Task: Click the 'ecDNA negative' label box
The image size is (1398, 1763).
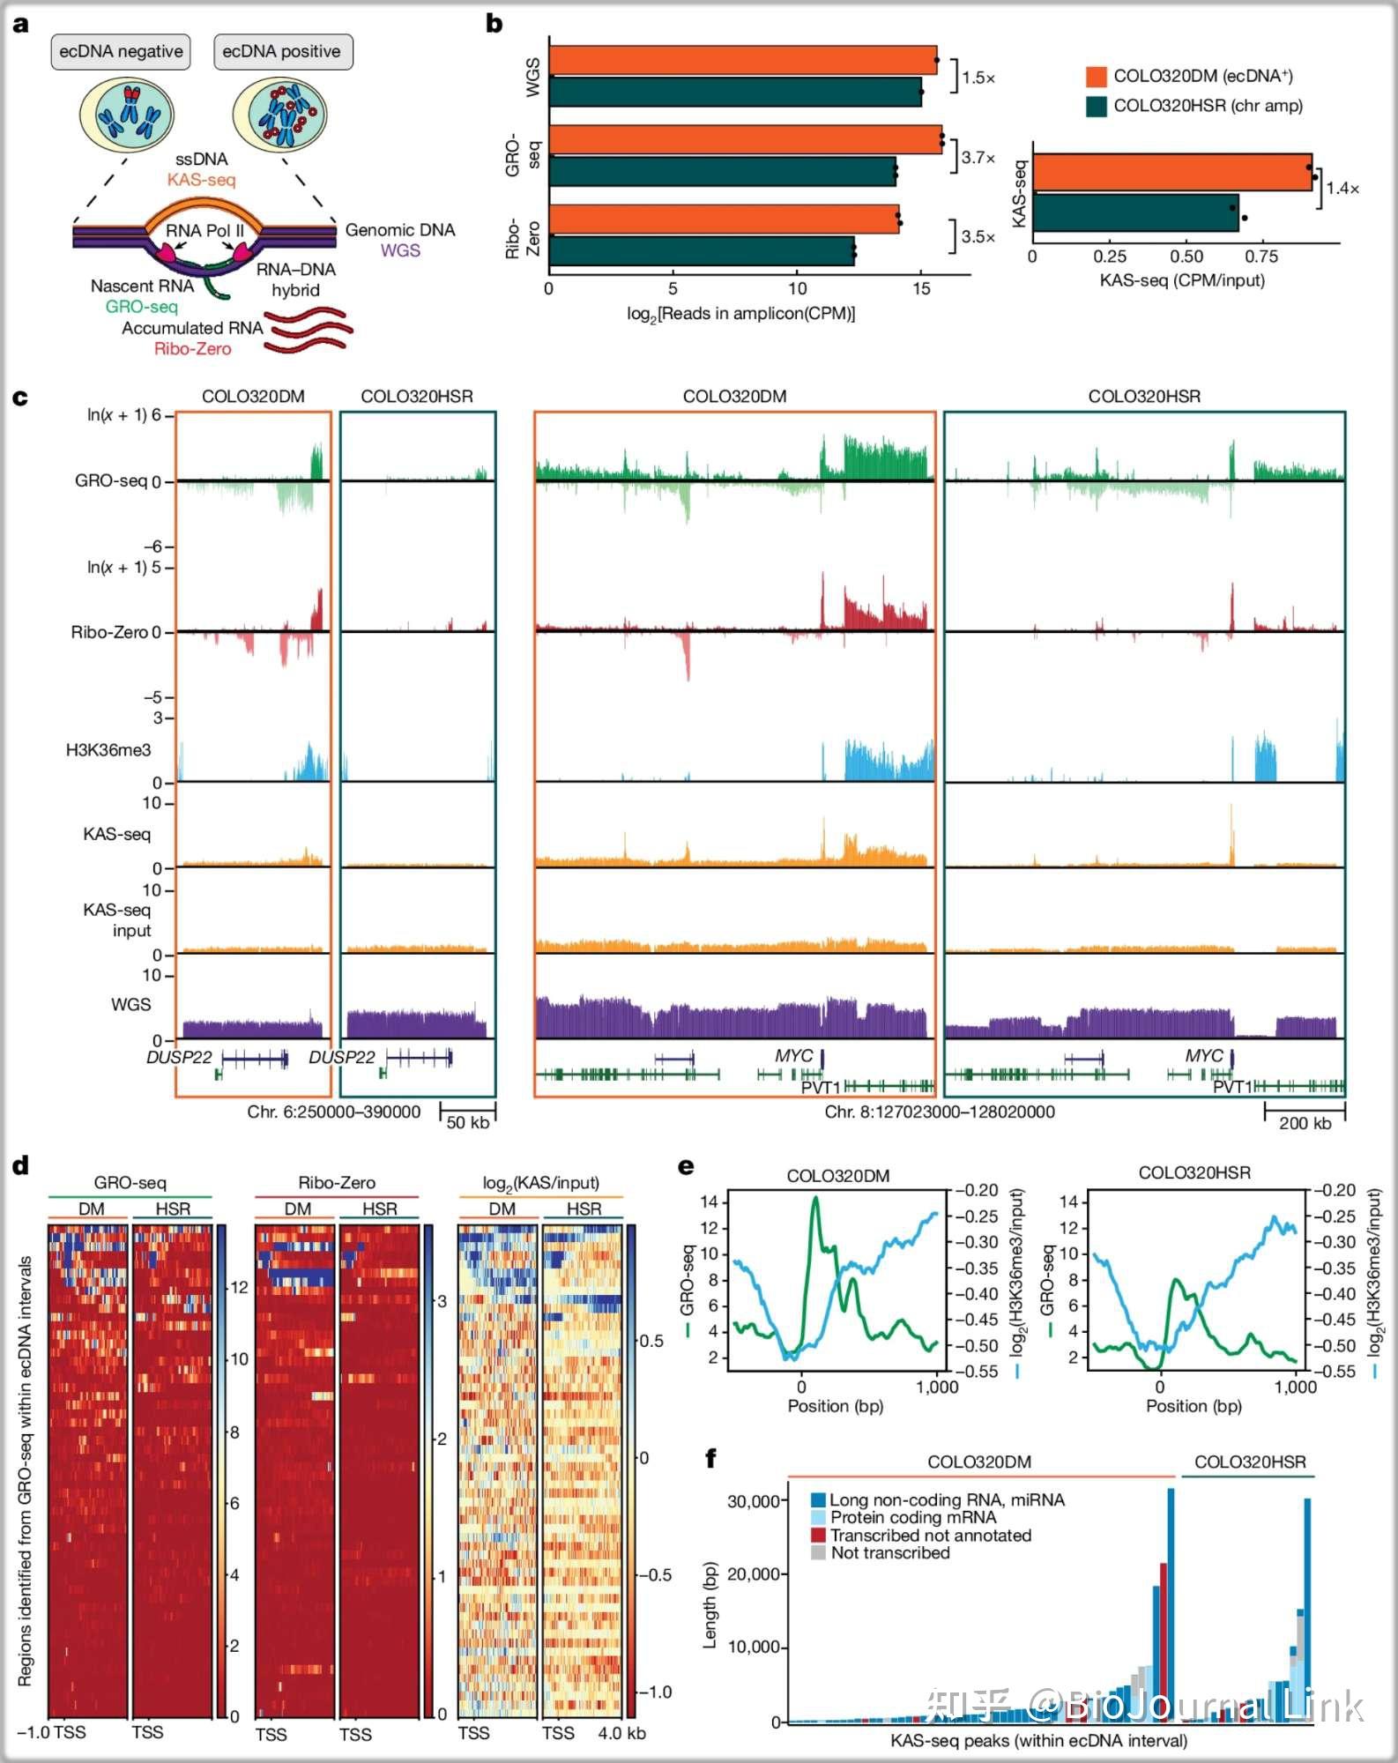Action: click(x=121, y=51)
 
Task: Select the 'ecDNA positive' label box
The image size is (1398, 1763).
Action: click(x=281, y=51)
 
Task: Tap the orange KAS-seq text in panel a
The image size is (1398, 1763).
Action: click(x=202, y=180)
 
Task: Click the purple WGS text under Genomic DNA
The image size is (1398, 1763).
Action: click(x=400, y=250)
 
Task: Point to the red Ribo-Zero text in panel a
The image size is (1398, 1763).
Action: click(x=192, y=349)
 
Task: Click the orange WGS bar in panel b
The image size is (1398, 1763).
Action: click(x=742, y=60)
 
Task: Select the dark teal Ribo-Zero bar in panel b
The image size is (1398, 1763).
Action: click(x=701, y=250)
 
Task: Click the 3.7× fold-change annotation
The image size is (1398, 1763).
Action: click(x=978, y=158)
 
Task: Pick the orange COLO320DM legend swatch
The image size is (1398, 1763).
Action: click(x=1097, y=77)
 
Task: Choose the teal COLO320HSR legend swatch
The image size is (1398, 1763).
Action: click(x=1097, y=107)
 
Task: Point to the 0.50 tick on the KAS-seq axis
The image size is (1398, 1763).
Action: click(x=1186, y=257)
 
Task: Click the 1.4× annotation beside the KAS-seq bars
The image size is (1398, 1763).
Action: click(x=1342, y=188)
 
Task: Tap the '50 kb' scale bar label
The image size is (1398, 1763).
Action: click(x=467, y=1122)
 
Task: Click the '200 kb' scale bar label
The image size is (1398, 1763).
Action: click(x=1305, y=1122)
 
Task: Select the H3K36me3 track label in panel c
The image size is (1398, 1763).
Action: click(x=108, y=750)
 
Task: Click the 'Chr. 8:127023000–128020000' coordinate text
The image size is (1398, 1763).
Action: click(x=940, y=1112)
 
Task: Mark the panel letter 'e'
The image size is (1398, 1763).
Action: click(x=686, y=1166)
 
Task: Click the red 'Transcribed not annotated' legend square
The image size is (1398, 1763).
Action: click(x=818, y=1535)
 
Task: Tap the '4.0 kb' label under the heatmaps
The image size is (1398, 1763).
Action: click(x=621, y=1733)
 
